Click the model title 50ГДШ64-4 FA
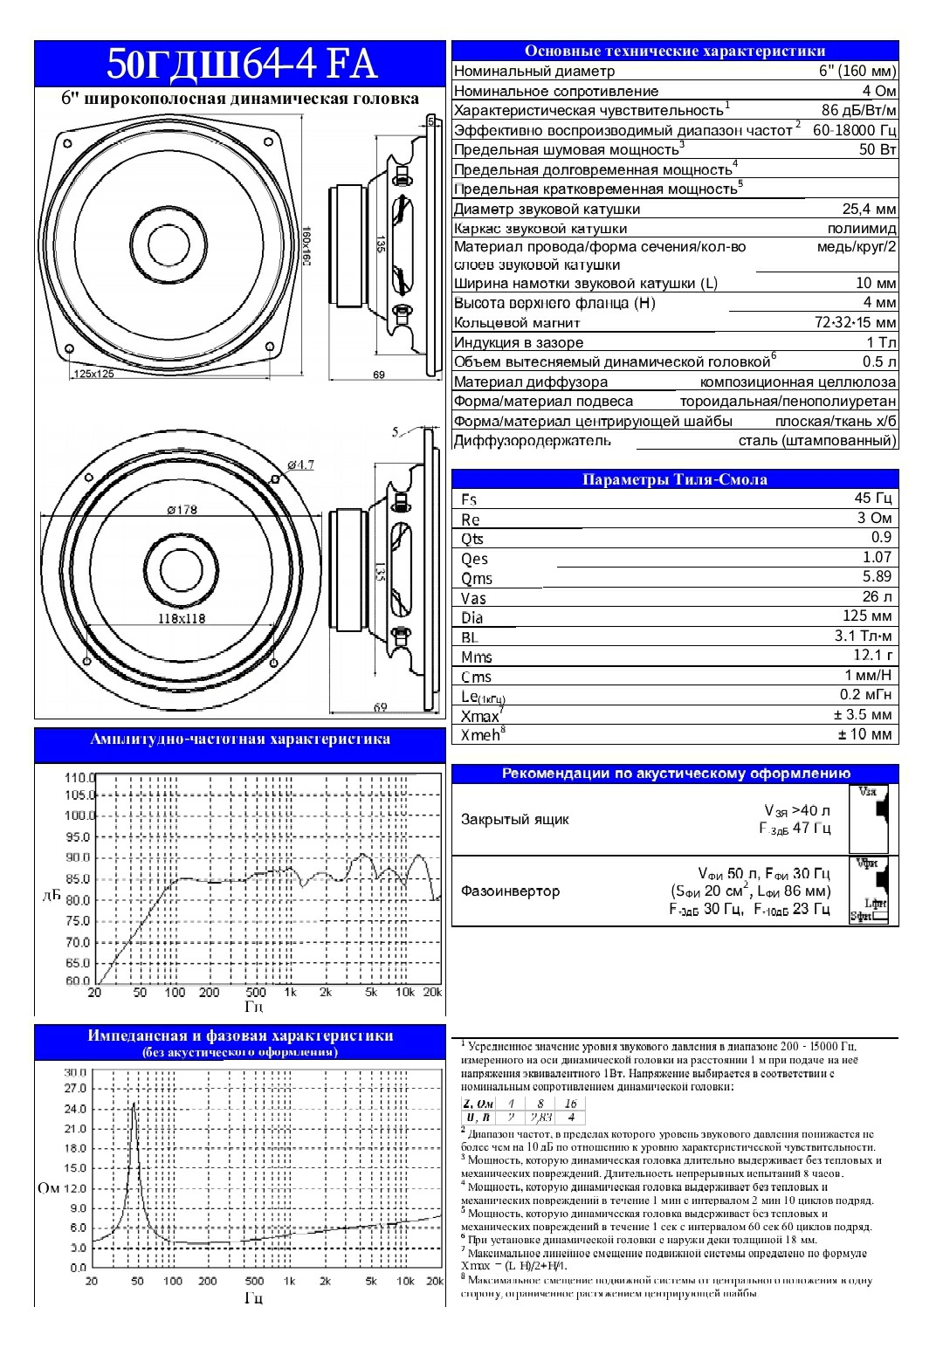(x=241, y=64)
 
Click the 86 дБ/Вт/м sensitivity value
(x=859, y=110)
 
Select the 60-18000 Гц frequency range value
(x=854, y=130)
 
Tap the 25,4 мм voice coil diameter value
(x=869, y=209)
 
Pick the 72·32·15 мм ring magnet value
(x=855, y=322)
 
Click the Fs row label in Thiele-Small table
(x=469, y=499)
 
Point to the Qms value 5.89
(x=877, y=576)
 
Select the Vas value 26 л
(x=877, y=596)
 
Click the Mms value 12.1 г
(x=873, y=655)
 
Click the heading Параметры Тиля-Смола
(x=675, y=479)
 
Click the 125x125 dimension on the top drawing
(x=93, y=374)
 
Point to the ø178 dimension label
(x=182, y=510)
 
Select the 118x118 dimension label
(x=182, y=618)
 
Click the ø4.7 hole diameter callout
(x=300, y=464)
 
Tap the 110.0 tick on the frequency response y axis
(x=79, y=777)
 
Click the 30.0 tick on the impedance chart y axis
(x=76, y=1072)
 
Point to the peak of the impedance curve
(x=134, y=1104)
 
